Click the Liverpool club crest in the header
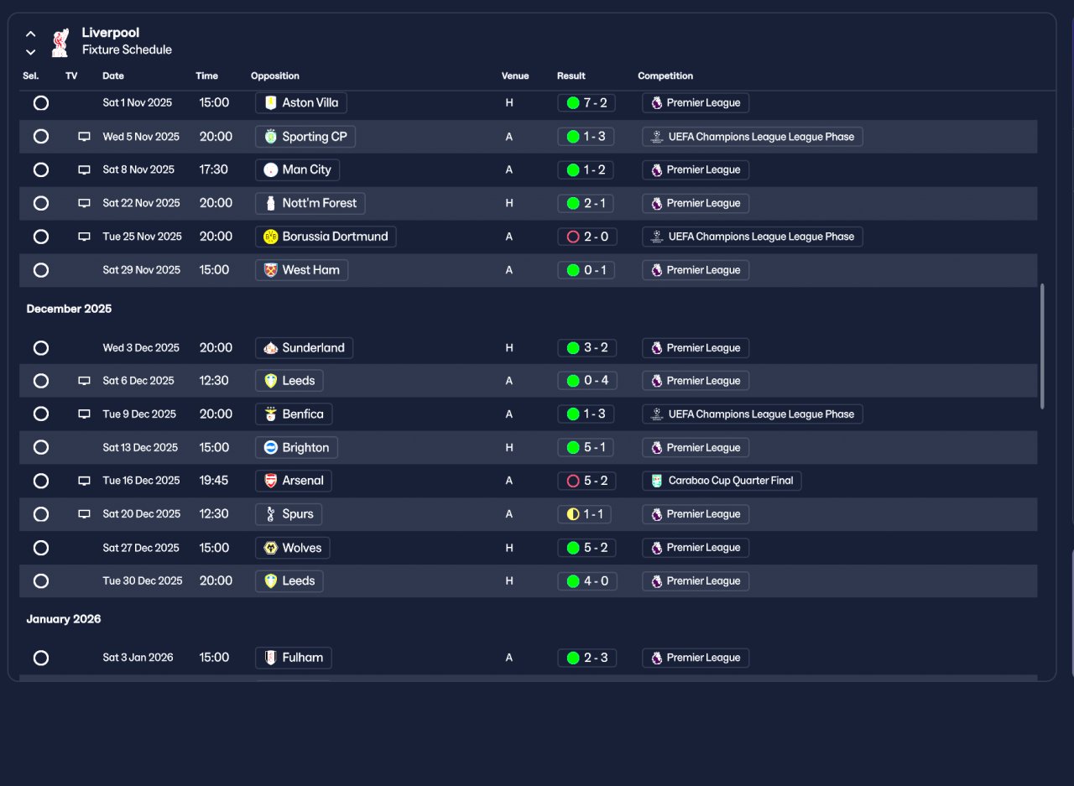pyautogui.click(x=60, y=43)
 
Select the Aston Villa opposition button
pyautogui.click(x=301, y=102)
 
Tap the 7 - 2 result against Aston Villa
pyautogui.click(x=587, y=102)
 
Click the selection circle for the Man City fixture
pyautogui.click(x=41, y=169)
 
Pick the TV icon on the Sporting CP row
pyautogui.click(x=85, y=137)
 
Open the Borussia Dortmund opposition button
pyautogui.click(x=326, y=237)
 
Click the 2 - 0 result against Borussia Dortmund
pyautogui.click(x=587, y=237)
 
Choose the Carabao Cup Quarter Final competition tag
pyautogui.click(x=722, y=480)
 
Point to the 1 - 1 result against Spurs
pyautogui.click(x=585, y=513)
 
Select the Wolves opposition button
pyautogui.click(x=293, y=547)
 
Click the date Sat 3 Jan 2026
pyautogui.click(x=138, y=657)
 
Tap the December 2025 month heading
pyautogui.click(x=69, y=309)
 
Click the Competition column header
pyautogui.click(x=665, y=75)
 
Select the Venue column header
pyautogui.click(x=515, y=75)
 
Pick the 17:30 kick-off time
pyautogui.click(x=214, y=169)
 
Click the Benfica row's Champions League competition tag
pyautogui.click(x=753, y=414)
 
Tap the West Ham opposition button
pyautogui.click(x=301, y=270)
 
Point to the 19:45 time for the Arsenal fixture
pyautogui.click(x=214, y=480)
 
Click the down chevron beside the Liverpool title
pyautogui.click(x=31, y=52)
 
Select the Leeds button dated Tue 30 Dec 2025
pyautogui.click(x=289, y=580)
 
